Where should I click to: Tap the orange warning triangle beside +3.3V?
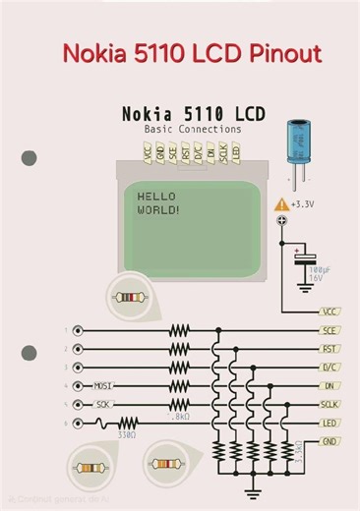(281, 203)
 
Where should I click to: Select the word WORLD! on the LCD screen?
(157, 209)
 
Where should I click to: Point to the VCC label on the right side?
(330, 312)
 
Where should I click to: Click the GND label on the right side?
(330, 442)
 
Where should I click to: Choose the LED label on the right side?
(330, 424)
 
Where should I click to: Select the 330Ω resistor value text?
(125, 433)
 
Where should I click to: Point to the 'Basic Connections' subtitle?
(192, 130)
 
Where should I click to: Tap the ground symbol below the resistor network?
(254, 488)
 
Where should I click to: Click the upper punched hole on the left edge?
(29, 157)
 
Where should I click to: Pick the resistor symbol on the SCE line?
(178, 331)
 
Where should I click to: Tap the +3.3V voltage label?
(306, 204)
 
